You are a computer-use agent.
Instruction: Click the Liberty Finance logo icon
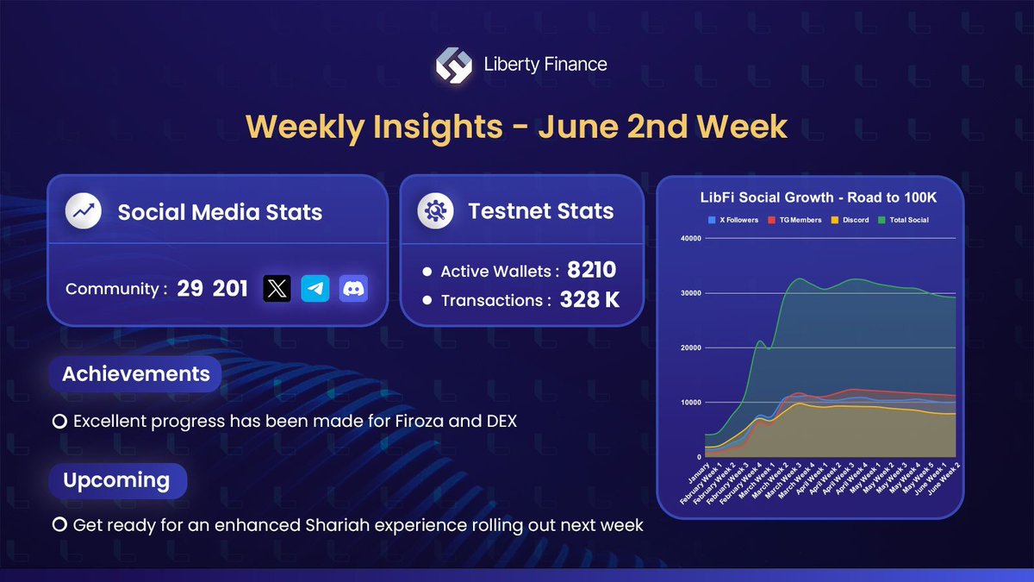(452, 65)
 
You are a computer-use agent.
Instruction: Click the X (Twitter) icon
(277, 289)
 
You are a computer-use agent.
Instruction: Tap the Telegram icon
(315, 289)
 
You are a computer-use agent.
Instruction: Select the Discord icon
(353, 289)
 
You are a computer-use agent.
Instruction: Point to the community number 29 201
(212, 289)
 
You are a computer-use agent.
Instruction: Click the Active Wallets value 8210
(591, 271)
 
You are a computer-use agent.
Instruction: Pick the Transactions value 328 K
(589, 300)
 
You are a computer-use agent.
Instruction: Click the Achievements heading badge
(135, 374)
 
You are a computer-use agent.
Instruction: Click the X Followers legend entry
(733, 220)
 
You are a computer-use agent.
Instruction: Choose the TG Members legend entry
(797, 220)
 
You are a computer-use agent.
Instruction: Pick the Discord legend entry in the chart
(850, 220)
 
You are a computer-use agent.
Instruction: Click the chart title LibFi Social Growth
(819, 197)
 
